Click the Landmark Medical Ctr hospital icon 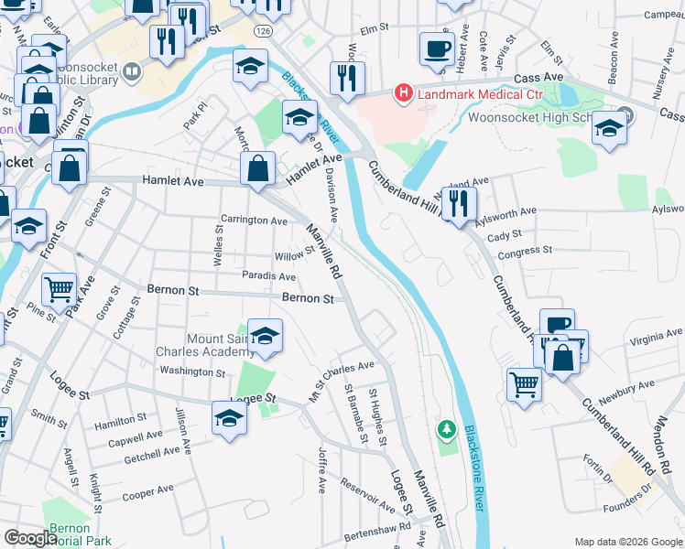pyautogui.click(x=401, y=93)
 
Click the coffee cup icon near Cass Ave pyautogui.click(x=437, y=48)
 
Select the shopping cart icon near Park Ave pyautogui.click(x=59, y=290)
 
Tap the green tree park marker pyautogui.click(x=447, y=428)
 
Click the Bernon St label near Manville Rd pyautogui.click(x=307, y=298)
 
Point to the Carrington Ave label pyautogui.click(x=254, y=221)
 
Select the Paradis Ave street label pyautogui.click(x=268, y=276)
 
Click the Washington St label pyautogui.click(x=191, y=371)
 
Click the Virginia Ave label pyautogui.click(x=656, y=339)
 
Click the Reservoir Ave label pyautogui.click(x=367, y=495)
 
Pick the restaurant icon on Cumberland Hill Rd pyautogui.click(x=459, y=203)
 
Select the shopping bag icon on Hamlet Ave pyautogui.click(x=258, y=168)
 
